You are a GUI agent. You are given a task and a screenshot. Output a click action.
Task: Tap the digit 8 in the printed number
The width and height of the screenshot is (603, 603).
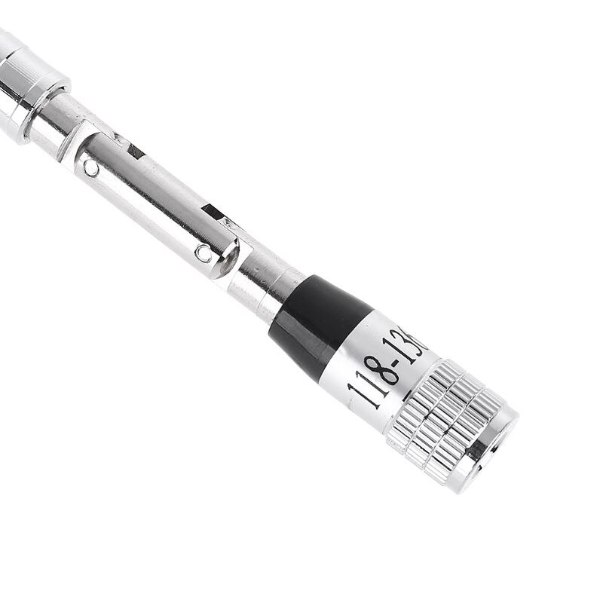(x=386, y=369)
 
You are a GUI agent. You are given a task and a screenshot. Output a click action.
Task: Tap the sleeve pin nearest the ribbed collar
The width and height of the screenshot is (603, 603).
(x=91, y=168)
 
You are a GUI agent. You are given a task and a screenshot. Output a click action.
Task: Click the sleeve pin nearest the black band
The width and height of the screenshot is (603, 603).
(x=204, y=253)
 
